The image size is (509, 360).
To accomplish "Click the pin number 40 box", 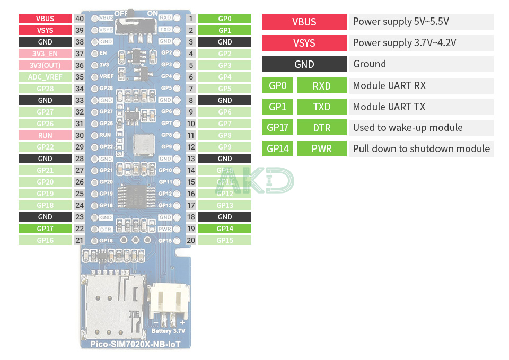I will (x=80, y=19).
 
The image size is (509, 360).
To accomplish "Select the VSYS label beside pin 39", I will (x=45, y=30).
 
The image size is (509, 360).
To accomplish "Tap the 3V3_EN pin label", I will (x=45, y=54).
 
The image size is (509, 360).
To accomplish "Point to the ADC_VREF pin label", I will (x=45, y=77).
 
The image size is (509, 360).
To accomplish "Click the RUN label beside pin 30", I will (x=45, y=135).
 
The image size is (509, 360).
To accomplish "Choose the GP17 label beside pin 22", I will (x=45, y=229).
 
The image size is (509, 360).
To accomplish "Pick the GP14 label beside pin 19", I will (x=225, y=229).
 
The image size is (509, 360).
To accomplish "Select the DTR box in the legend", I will (x=322, y=127).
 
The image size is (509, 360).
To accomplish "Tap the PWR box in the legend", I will (x=322, y=148).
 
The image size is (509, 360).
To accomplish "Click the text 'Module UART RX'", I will (x=389, y=85).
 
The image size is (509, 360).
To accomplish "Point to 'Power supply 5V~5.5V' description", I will (x=401, y=22).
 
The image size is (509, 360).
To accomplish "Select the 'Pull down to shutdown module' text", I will (x=421, y=148).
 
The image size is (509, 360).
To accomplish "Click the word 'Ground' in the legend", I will (x=370, y=64).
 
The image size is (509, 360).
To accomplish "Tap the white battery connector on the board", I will (x=169, y=302).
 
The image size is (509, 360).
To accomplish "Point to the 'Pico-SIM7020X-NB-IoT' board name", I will (x=136, y=344).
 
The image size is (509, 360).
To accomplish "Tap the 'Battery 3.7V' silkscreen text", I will (x=169, y=331).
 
